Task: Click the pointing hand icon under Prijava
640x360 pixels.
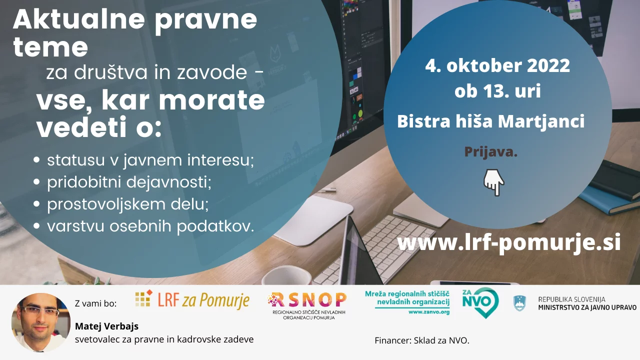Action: (x=494, y=182)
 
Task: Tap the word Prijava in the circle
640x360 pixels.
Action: (x=491, y=151)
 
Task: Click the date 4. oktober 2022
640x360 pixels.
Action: (x=497, y=65)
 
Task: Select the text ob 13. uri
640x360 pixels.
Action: (x=497, y=91)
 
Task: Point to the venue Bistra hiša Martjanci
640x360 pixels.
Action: (x=491, y=121)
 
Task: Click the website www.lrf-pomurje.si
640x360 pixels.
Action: (x=509, y=243)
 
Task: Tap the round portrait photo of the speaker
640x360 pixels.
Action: (x=41, y=323)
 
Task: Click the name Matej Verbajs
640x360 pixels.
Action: (x=106, y=326)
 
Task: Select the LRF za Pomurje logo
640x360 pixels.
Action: (x=192, y=300)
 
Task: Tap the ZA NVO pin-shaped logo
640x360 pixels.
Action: (x=480, y=303)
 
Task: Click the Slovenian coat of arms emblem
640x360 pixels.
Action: (x=519, y=303)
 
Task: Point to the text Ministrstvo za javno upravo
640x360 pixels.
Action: (x=587, y=307)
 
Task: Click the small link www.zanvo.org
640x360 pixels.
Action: (x=429, y=312)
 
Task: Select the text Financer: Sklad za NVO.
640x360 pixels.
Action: (x=422, y=340)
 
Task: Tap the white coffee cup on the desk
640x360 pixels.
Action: (x=286, y=275)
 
